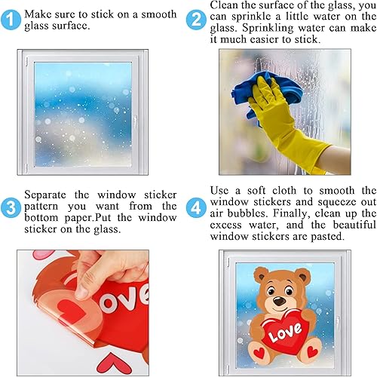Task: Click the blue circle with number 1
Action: click(11, 19)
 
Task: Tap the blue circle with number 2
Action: click(196, 19)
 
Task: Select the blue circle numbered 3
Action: click(11, 205)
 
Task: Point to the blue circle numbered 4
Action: click(196, 205)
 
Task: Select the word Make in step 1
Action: click(38, 14)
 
